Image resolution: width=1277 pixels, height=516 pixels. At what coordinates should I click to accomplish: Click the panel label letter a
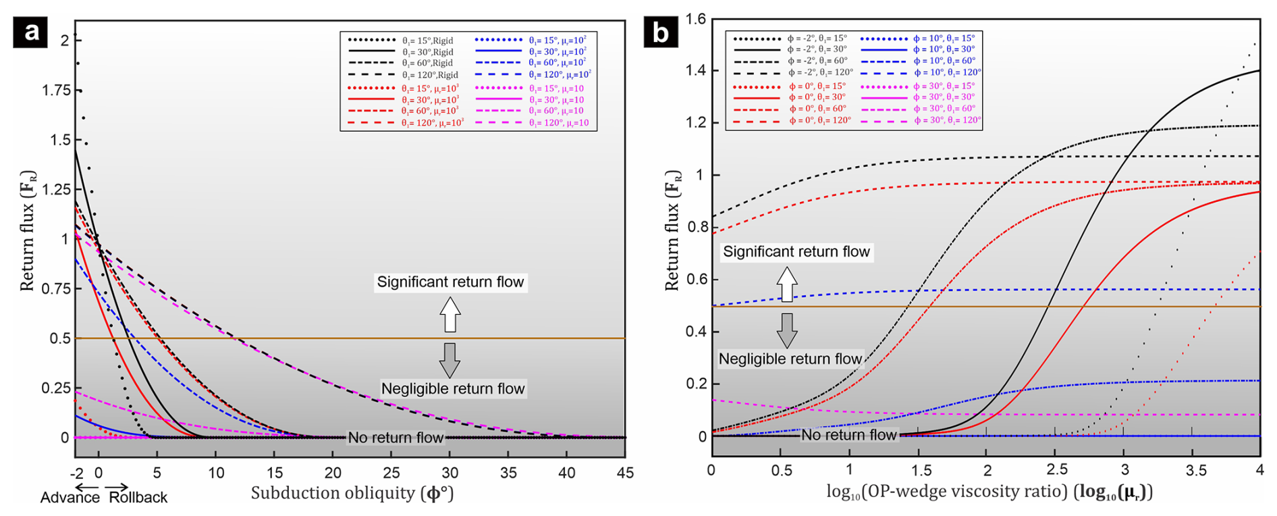(x=30, y=32)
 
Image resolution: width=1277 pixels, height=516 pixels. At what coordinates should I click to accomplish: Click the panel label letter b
(x=660, y=32)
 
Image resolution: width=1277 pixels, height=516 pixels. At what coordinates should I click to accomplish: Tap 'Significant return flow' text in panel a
(x=450, y=282)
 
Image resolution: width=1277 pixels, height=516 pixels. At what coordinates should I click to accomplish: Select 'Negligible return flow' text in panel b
(x=790, y=359)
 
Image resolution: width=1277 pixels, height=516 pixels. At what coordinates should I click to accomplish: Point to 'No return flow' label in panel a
(x=396, y=438)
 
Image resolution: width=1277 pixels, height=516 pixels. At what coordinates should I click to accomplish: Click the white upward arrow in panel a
(x=450, y=314)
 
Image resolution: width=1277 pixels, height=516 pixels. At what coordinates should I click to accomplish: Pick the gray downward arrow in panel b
(x=787, y=330)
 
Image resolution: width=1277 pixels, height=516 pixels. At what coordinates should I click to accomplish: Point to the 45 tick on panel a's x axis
(x=625, y=473)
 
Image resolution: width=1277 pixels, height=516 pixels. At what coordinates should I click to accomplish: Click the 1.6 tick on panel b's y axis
(x=695, y=20)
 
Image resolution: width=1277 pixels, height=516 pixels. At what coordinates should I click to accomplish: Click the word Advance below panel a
(x=70, y=498)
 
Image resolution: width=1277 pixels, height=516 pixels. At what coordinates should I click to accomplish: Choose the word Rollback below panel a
(x=138, y=498)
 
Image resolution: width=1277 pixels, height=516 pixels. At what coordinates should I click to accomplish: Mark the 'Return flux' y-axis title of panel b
(x=672, y=230)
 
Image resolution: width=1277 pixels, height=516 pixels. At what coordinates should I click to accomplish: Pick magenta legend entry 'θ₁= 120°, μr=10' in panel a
(x=556, y=122)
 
